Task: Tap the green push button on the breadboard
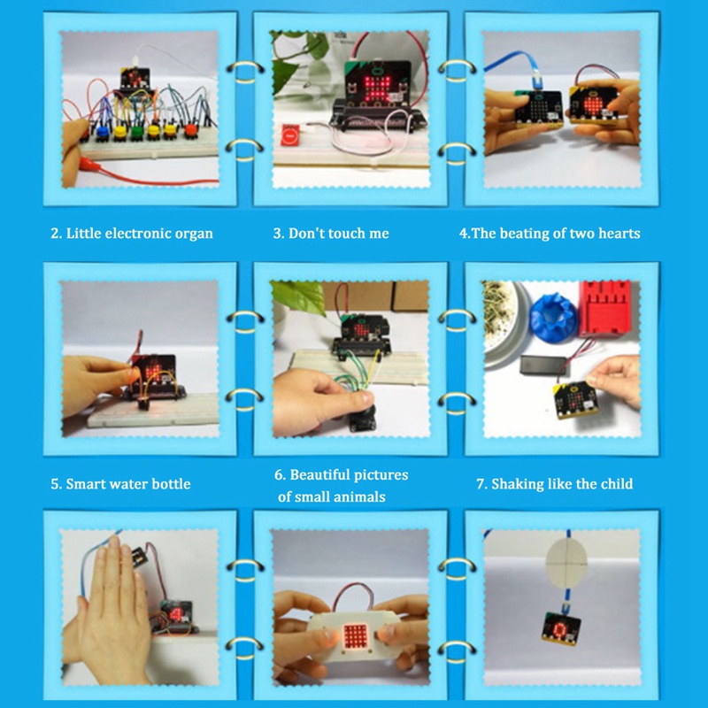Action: pyautogui.click(x=136, y=133)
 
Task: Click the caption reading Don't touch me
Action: pyautogui.click(x=330, y=234)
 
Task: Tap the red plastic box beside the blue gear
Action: pyautogui.click(x=604, y=309)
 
